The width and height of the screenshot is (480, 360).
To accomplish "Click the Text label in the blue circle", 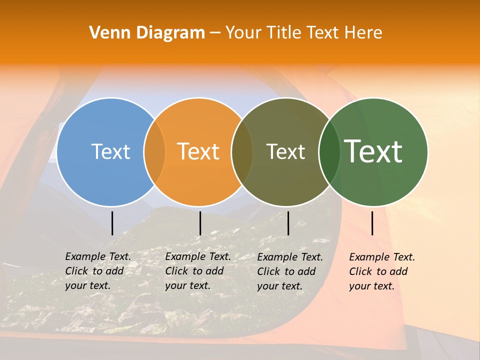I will [x=110, y=151].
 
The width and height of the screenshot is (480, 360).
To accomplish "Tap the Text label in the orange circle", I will [x=198, y=151].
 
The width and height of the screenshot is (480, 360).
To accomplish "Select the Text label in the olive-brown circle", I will [x=285, y=151].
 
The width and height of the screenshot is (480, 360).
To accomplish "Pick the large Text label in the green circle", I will [x=373, y=151].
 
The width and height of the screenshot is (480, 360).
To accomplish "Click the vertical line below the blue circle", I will [x=112, y=223].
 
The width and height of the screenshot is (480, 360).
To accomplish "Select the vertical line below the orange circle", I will [x=200, y=223].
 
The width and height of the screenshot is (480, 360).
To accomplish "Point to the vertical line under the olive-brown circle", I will [x=288, y=223].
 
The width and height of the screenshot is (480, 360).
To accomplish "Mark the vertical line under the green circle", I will [x=372, y=223].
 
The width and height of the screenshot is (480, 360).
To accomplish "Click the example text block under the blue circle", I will [x=97, y=271].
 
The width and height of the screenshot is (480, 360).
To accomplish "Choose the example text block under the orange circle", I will [x=197, y=271].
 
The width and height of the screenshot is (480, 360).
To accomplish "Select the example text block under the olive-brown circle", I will [x=289, y=271].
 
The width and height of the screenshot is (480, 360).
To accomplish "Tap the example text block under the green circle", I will [x=381, y=271].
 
